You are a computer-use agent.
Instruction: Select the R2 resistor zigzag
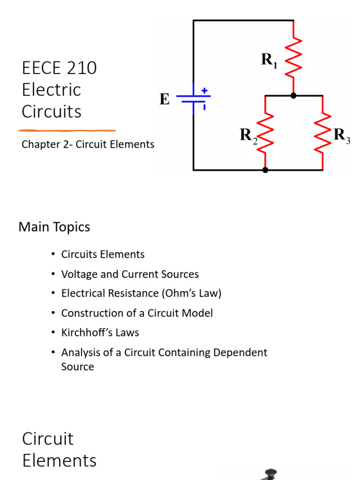pos(265,133)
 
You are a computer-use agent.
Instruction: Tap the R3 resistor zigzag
pos(322,133)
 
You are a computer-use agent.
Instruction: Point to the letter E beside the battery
pos(165,99)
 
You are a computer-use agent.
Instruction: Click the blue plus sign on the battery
pos(204,90)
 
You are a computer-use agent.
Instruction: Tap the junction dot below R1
pos(293,96)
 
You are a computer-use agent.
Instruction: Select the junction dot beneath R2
pos(265,170)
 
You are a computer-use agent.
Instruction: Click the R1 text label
pos(269,60)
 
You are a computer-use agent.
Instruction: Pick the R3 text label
pos(341,136)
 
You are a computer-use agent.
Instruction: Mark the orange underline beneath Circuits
pos(67,130)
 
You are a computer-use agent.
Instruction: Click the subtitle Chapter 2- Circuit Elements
pos(88,144)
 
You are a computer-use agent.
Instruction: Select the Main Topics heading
pos(54,227)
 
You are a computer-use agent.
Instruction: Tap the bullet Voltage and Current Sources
pos(130,274)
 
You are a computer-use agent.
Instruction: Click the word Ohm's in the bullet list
pos(177,293)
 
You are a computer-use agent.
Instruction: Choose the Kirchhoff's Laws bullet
pos(100,333)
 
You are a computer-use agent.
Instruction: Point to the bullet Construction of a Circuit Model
pos(137,313)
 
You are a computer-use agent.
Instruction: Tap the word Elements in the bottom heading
pos(59,460)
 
